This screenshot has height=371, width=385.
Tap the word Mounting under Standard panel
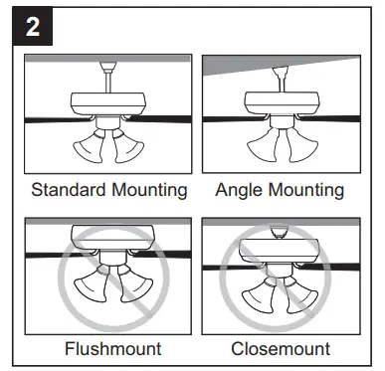coord(147,190)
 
